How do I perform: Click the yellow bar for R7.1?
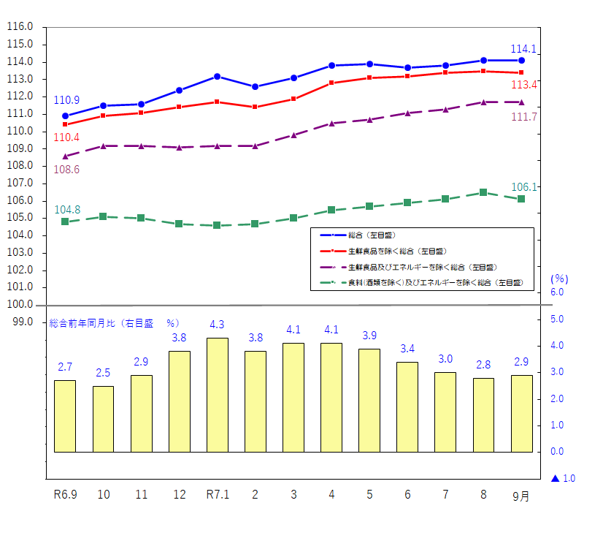point(218,395)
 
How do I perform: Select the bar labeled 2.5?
point(103,419)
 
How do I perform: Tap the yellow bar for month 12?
point(180,401)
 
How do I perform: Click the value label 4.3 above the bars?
point(217,325)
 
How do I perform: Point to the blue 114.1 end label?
point(523,49)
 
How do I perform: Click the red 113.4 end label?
point(525,85)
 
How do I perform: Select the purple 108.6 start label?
point(66,170)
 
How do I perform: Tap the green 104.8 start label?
point(66,210)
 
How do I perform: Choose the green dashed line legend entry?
point(423,281)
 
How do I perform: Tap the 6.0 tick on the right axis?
point(557,292)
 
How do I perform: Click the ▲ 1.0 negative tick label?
point(563,479)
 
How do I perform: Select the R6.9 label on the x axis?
point(66,495)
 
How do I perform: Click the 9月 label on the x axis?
point(521,496)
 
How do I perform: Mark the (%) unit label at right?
point(559,279)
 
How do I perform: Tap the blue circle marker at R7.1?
point(218,76)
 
